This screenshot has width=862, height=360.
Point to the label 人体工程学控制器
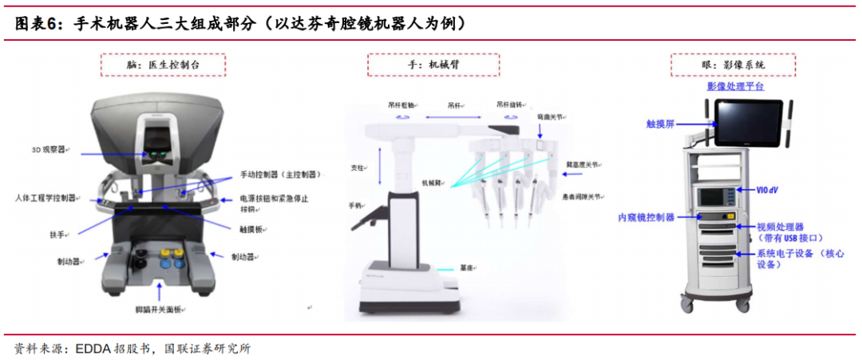coord(45,197)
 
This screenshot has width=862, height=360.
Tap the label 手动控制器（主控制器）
coord(280,175)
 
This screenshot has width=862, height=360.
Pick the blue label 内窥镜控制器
coord(646,216)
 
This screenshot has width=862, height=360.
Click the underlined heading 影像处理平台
coord(735,85)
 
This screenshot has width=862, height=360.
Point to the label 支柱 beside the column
coord(358,168)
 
